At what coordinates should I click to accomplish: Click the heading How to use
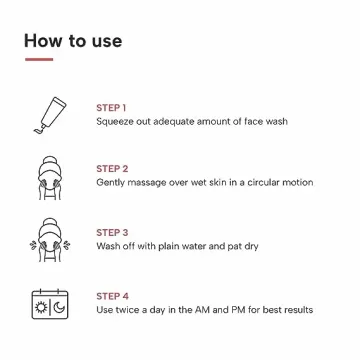click(73, 41)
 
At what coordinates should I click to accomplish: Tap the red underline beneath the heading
click(38, 60)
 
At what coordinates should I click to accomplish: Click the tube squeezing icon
click(48, 115)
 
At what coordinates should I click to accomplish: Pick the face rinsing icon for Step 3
click(48, 240)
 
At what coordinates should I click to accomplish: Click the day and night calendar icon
click(48, 302)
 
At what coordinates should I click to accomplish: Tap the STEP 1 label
click(111, 107)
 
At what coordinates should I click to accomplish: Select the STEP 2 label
click(112, 169)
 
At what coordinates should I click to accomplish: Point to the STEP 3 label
click(112, 232)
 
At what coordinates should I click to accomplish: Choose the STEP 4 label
click(112, 296)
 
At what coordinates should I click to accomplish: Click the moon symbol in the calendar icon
click(58, 306)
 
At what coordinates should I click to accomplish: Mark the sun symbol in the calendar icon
click(40, 306)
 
